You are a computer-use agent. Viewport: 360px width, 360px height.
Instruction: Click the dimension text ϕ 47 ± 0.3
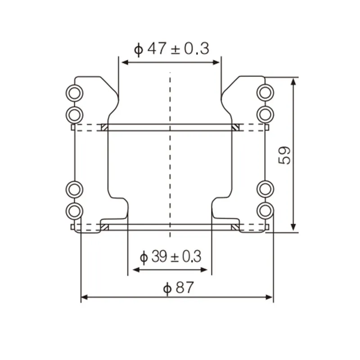[172, 49]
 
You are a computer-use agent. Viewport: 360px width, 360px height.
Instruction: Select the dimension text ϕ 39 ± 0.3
[171, 257]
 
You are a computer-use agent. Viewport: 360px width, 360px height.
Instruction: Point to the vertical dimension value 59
[285, 155]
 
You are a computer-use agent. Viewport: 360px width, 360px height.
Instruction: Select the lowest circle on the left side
[74, 210]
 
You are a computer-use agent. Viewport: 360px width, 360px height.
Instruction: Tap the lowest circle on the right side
[265, 210]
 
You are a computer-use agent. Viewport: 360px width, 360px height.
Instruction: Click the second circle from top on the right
[265, 113]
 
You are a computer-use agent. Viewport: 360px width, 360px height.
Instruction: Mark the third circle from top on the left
[74, 189]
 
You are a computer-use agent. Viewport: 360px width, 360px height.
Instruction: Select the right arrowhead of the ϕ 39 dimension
[206, 270]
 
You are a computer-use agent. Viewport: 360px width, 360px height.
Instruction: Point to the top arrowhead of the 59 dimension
[294, 81]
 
